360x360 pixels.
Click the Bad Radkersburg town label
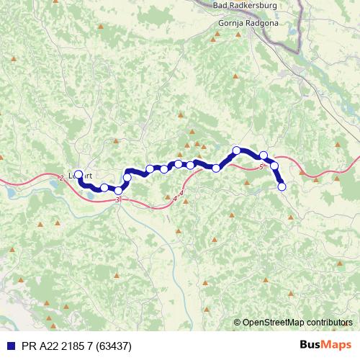point(246,5)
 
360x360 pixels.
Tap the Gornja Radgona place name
point(247,23)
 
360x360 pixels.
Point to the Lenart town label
point(84,175)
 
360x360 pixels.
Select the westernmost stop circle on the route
point(78,174)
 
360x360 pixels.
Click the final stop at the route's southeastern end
point(282,186)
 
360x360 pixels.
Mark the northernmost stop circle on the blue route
point(236,150)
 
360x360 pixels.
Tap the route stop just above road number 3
point(119,190)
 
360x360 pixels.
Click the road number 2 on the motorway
point(62,177)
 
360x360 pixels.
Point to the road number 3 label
point(117,199)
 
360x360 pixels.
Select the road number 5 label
point(261,167)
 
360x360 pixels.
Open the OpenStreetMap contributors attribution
point(297,323)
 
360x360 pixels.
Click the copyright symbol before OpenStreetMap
point(238,323)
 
